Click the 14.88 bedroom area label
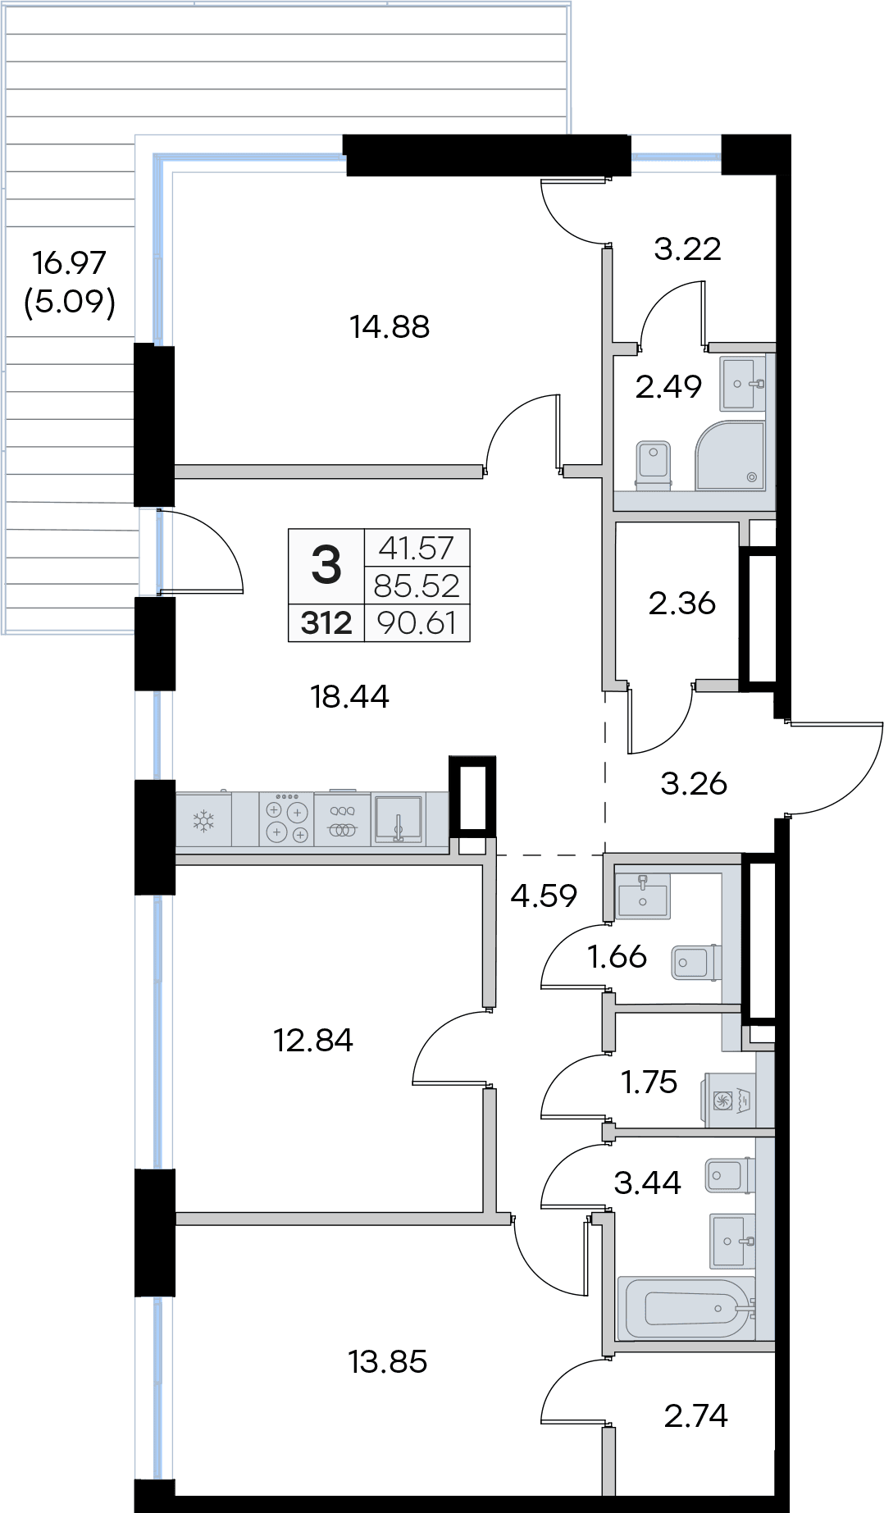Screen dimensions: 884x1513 [390, 326]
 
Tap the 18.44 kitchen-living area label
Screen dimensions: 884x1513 [349, 696]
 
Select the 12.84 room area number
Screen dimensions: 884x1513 [313, 1040]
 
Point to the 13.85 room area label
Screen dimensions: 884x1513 [388, 1361]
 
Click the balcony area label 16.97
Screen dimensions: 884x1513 [70, 262]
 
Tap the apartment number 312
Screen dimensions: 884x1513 [326, 623]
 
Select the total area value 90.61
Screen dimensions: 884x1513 [417, 623]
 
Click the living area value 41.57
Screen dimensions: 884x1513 [417, 548]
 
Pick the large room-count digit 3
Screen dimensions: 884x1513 [326, 565]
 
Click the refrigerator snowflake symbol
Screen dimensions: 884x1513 [203, 819]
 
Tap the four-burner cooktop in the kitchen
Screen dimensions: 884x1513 [287, 818]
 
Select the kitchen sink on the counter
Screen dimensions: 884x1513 [399, 818]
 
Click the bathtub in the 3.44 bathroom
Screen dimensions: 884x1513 [686, 1308]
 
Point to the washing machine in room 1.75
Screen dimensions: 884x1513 [728, 1100]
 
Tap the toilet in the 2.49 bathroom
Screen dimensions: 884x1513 [654, 466]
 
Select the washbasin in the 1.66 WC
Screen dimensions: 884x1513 [642, 895]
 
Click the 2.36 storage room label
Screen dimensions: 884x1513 [682, 604]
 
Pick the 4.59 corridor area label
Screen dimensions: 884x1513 [544, 895]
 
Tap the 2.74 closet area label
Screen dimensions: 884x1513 [696, 1415]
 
